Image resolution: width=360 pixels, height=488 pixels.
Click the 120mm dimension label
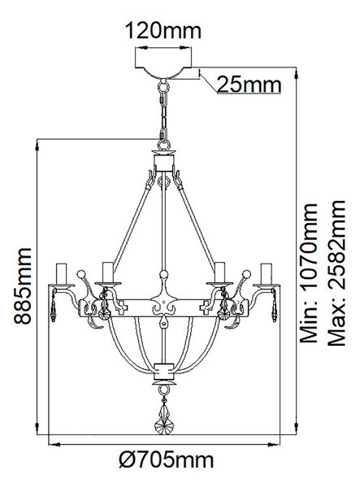tap(163, 31)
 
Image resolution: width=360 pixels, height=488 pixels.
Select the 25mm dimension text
tap(249, 85)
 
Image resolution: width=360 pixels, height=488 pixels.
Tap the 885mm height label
tap(23, 286)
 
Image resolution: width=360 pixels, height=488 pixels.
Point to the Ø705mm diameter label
tap(167, 460)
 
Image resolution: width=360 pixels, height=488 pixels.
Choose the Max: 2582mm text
tap(336, 273)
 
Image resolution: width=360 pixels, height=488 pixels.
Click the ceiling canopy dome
tap(163, 72)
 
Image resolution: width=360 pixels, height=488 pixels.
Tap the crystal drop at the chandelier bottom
tap(163, 416)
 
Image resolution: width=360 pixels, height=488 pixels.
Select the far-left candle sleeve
tap(62, 274)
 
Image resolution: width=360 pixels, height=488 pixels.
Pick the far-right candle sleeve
tap(267, 274)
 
